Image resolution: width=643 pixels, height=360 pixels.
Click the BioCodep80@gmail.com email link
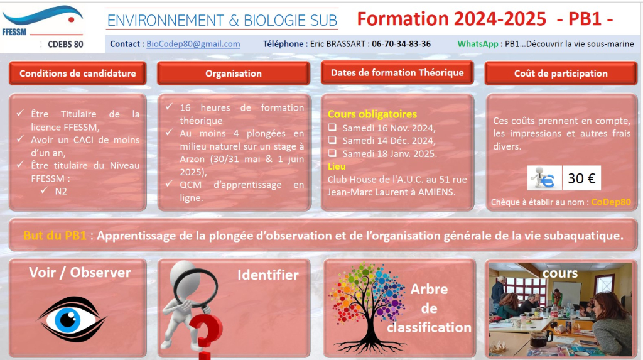click(193, 44)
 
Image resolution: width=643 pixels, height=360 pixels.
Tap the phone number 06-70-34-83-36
click(401, 44)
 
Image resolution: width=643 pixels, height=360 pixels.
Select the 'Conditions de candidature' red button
click(77, 74)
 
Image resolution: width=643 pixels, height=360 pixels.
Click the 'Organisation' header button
click(234, 74)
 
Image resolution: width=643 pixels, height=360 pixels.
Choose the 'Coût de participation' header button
click(561, 74)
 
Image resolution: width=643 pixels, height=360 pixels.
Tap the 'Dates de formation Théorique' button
click(397, 73)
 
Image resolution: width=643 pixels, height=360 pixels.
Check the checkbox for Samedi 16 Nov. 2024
click(332, 128)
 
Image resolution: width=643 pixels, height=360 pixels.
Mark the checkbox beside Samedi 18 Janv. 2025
click(332, 153)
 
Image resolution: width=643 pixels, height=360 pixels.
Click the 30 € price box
click(581, 178)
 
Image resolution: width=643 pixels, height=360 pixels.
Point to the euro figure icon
click(544, 178)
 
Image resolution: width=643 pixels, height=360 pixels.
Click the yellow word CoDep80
click(611, 202)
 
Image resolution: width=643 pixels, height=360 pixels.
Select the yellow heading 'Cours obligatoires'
click(372, 114)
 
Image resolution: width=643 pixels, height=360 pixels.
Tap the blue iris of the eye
click(68, 319)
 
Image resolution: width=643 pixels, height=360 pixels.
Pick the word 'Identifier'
click(268, 275)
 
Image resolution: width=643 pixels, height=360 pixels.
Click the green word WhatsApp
click(478, 44)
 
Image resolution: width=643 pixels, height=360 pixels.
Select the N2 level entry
click(61, 191)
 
